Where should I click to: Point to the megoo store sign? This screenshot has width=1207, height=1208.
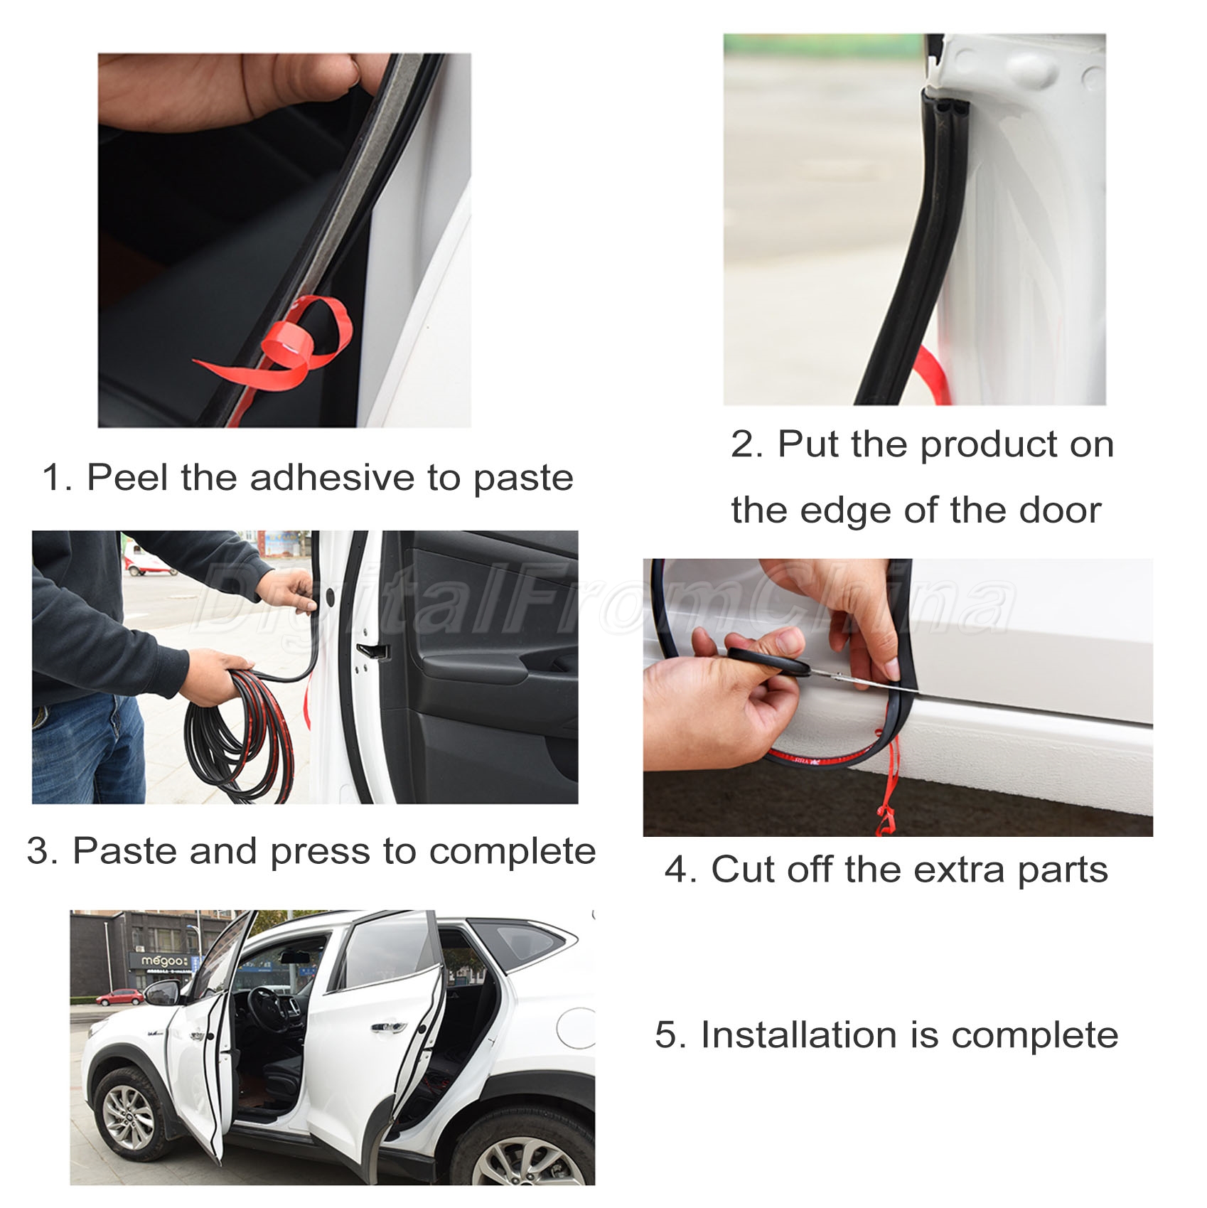point(164,962)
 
